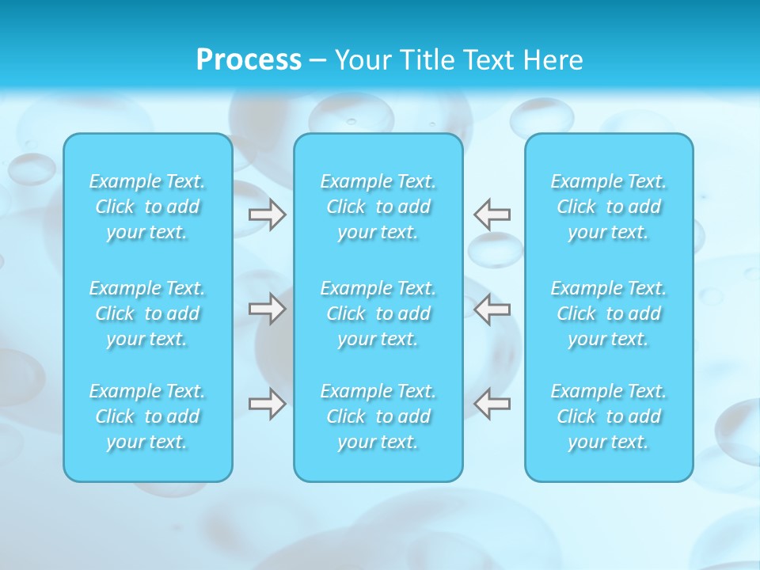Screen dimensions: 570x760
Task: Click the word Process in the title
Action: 249,60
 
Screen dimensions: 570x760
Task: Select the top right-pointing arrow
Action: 268,215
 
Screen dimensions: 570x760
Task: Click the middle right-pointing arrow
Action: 268,309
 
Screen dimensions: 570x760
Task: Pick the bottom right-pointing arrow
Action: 268,404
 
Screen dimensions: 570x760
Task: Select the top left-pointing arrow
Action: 492,215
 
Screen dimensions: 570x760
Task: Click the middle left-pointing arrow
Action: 492,309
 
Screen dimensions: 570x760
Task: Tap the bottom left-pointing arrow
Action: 492,404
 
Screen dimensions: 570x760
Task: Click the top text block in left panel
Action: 147,207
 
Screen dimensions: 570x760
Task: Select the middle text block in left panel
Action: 147,313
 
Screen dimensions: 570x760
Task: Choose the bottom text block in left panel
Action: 147,416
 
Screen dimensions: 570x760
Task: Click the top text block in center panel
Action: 378,207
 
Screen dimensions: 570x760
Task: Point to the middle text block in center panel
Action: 378,313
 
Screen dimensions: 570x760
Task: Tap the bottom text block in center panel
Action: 378,416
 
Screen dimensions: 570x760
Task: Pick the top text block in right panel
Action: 609,207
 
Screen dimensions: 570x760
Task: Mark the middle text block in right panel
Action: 609,313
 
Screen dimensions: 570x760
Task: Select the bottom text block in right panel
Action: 609,416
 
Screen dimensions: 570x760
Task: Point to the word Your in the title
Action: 361,60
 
